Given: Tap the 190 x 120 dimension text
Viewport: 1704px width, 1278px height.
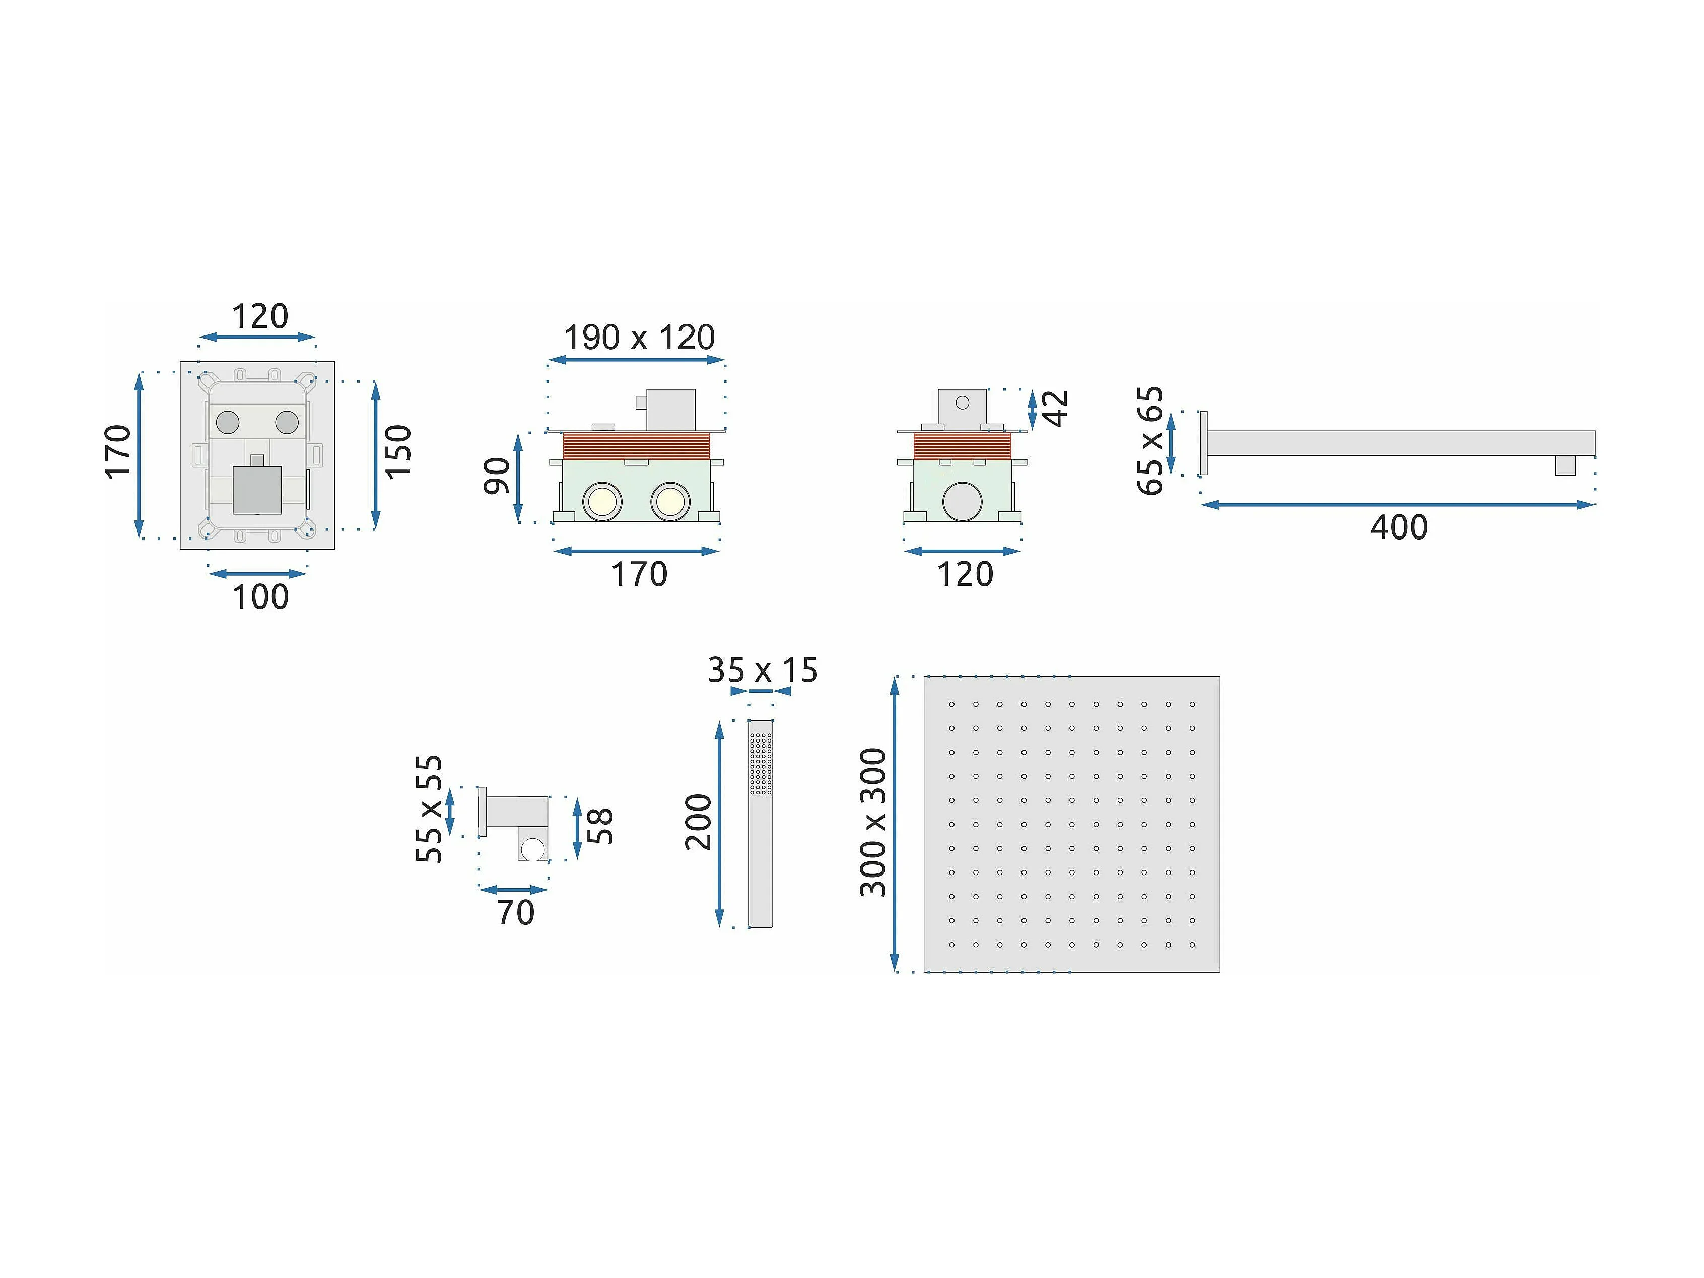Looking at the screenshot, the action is [x=639, y=338].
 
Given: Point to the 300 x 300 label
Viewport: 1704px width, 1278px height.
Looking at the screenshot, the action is [x=873, y=822].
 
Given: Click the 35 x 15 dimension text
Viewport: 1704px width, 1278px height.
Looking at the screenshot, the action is [x=763, y=670].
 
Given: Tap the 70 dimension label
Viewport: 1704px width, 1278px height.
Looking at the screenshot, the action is [x=515, y=913].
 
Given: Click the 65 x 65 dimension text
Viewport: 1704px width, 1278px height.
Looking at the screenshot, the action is [x=1150, y=441].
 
